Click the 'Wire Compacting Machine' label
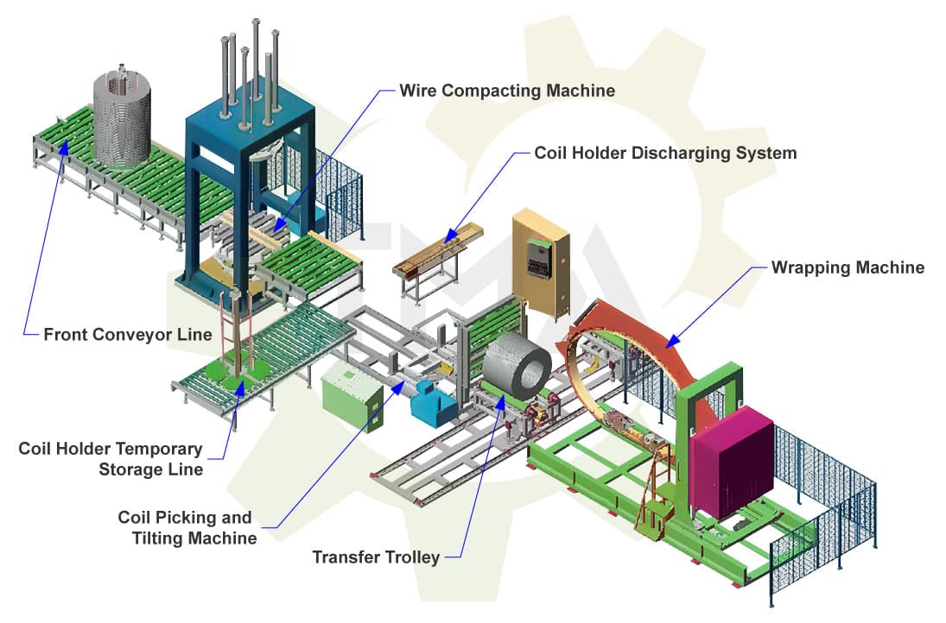tap(507, 90)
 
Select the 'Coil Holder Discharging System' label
tap(665, 153)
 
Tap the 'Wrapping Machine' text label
tap(847, 267)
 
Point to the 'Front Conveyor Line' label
tap(127, 334)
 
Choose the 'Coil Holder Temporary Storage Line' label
tap(111, 459)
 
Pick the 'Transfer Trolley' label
tap(376, 557)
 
